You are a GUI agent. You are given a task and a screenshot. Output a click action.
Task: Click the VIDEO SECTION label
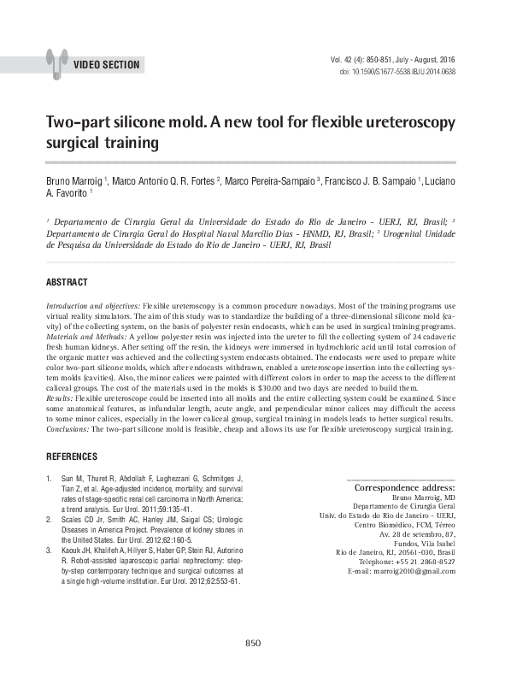tap(107, 65)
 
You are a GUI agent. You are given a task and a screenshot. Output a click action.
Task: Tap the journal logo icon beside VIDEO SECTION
tap(57, 62)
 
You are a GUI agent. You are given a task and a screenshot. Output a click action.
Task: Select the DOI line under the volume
tap(397, 72)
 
